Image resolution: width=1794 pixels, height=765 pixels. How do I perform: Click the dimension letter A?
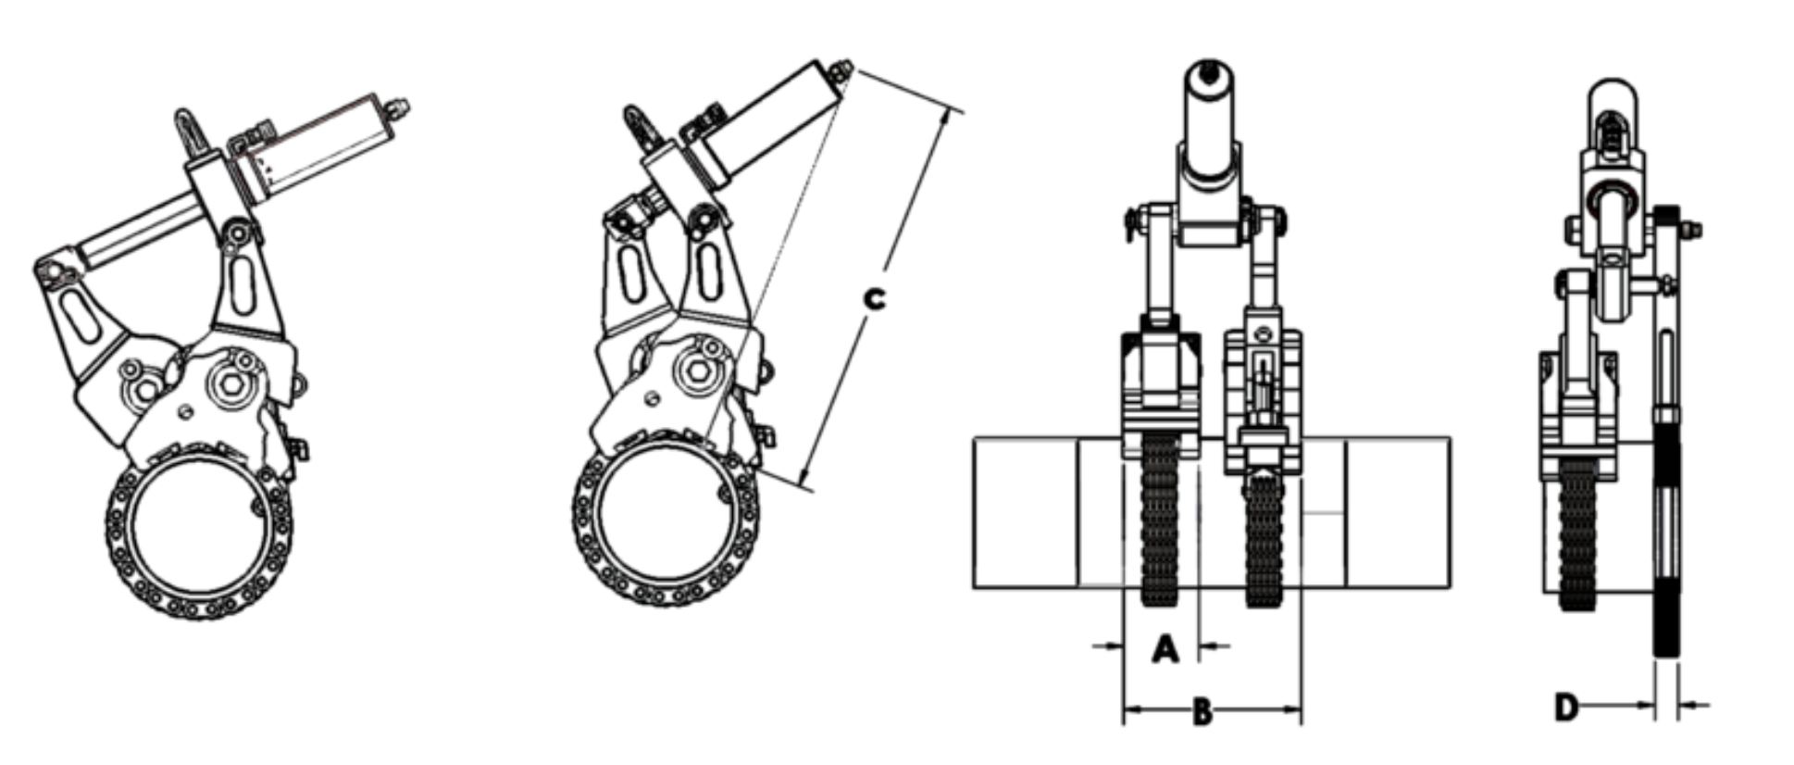[1165, 648]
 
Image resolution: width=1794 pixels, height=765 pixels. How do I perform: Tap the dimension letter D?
[1565, 708]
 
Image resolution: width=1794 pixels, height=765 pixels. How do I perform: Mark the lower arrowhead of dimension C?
[804, 478]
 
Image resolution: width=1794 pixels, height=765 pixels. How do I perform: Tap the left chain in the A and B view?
[1160, 520]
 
